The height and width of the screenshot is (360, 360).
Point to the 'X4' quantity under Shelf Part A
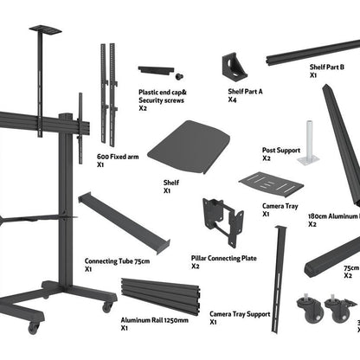[x=233, y=100]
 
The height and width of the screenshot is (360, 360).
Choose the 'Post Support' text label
[x=280, y=150]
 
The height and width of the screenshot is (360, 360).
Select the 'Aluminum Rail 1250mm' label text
[x=153, y=319]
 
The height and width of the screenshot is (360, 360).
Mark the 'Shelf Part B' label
[x=327, y=67]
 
